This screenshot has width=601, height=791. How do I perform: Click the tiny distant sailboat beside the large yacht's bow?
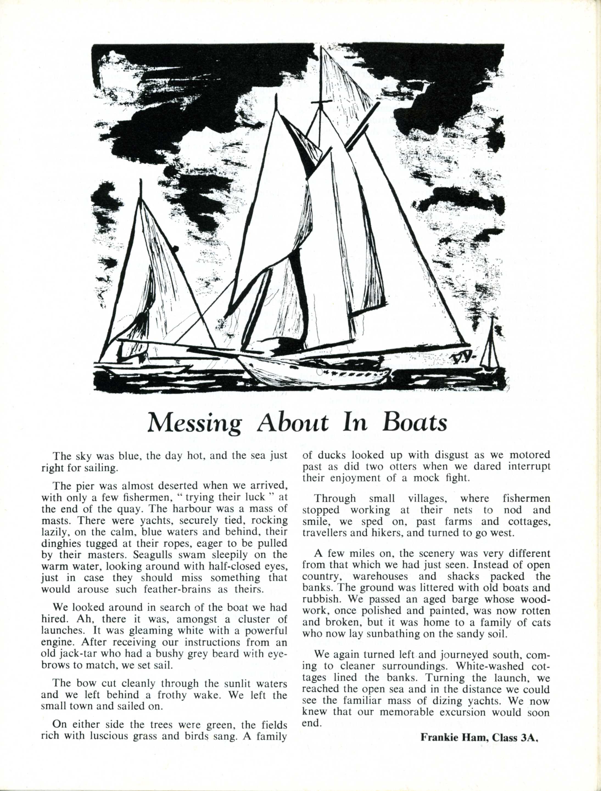pos(490,345)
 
